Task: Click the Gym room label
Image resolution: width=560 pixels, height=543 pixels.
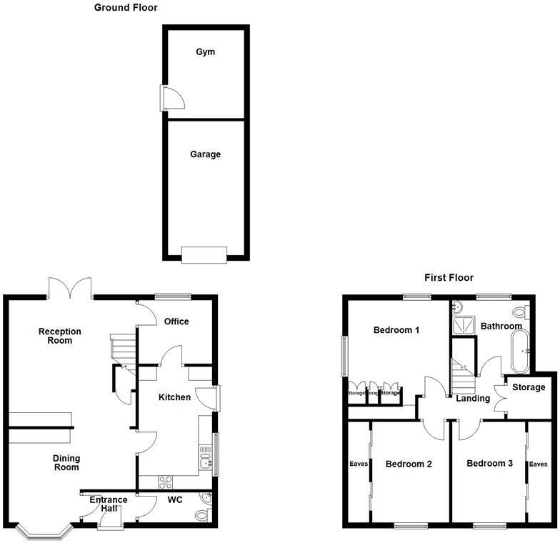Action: (x=205, y=52)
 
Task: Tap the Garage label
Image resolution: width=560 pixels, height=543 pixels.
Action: (x=205, y=154)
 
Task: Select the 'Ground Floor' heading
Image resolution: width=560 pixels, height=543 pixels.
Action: (x=126, y=8)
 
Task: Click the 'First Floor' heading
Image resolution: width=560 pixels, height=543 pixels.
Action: (x=449, y=277)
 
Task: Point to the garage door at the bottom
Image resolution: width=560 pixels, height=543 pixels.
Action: (x=204, y=254)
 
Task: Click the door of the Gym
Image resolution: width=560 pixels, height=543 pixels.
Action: (x=171, y=99)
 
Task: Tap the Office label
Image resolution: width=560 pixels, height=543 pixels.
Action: (x=176, y=322)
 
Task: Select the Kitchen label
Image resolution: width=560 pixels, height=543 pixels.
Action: (x=174, y=397)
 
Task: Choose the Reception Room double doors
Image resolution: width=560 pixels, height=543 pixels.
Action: (x=71, y=287)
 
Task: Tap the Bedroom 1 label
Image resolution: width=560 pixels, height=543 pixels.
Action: (x=396, y=330)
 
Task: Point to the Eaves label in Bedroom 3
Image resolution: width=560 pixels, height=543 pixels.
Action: (x=538, y=464)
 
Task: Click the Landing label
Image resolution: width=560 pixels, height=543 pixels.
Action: (x=474, y=399)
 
